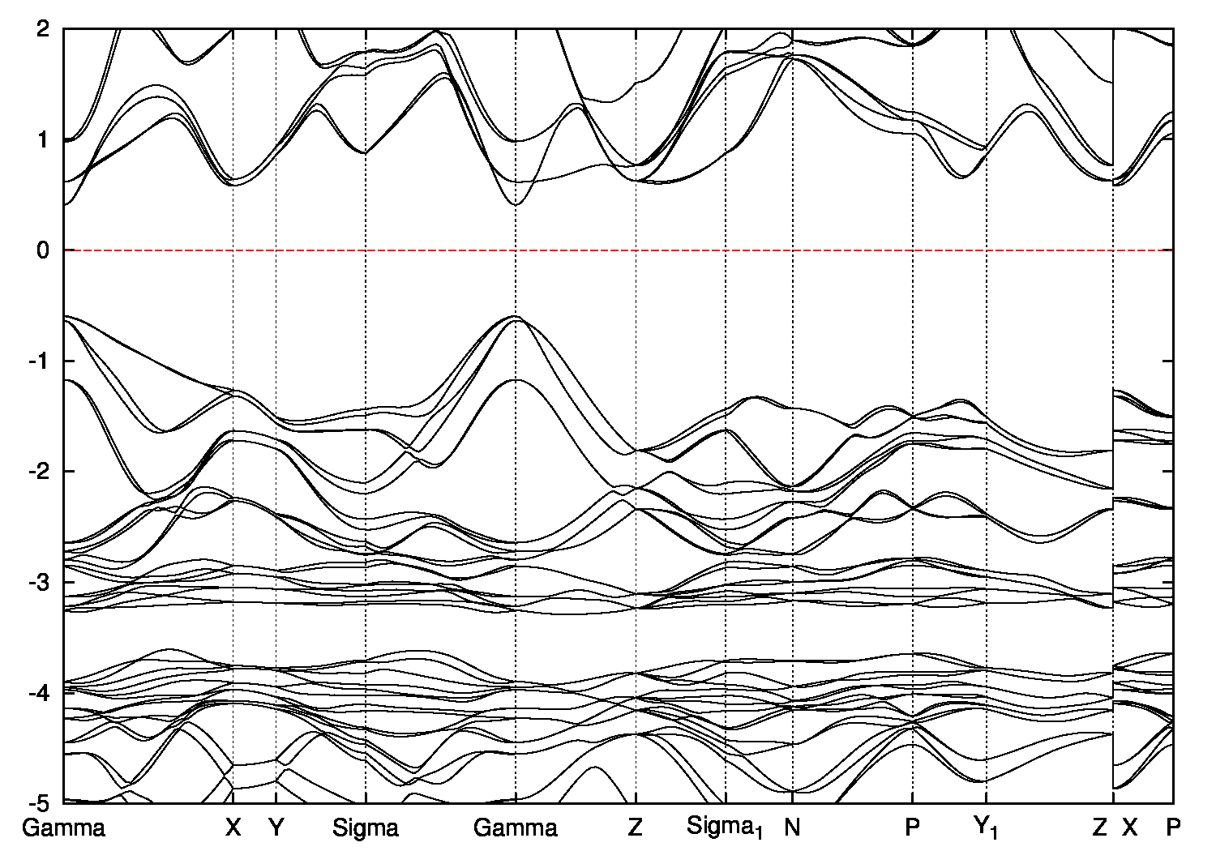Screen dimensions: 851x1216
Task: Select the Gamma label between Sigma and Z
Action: (x=516, y=828)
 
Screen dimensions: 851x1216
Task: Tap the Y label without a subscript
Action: (x=276, y=828)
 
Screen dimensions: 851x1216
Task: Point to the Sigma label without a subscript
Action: (x=366, y=828)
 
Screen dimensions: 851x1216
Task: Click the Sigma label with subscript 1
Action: (x=725, y=828)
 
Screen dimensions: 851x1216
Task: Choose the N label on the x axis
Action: (x=792, y=828)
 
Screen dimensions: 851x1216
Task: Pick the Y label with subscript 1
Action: (x=986, y=828)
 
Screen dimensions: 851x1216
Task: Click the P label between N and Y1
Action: (x=913, y=828)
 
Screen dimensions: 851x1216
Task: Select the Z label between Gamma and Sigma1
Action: (x=636, y=828)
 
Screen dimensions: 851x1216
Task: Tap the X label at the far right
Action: (x=1130, y=828)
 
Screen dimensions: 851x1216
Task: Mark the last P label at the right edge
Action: (x=1173, y=828)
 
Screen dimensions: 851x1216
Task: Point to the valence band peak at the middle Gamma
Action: (x=516, y=317)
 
